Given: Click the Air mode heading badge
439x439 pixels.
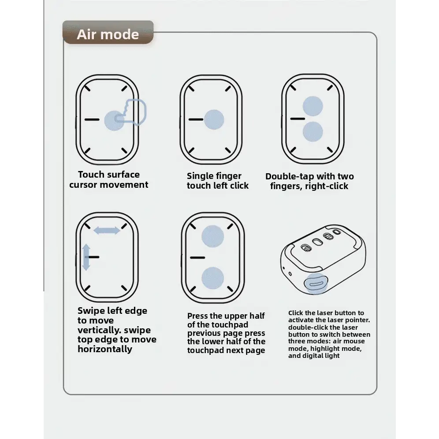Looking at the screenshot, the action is point(108,32).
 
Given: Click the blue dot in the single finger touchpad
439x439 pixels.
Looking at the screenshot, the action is point(214,119).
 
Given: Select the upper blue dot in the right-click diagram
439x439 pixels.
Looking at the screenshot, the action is point(313,106).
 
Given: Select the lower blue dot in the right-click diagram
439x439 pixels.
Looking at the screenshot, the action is point(313,132).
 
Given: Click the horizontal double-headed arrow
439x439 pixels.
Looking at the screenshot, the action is point(107,231).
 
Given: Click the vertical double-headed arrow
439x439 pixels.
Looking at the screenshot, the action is point(86,257).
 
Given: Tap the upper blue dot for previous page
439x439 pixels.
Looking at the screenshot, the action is point(213,236).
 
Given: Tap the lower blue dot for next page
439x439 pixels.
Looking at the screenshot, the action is point(213,278).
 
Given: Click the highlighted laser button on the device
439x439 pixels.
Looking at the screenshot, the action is point(316,284).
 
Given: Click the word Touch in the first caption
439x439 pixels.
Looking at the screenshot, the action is point(91,175).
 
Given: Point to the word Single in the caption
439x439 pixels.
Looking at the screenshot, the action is point(200,176).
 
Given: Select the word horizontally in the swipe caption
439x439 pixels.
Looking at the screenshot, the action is point(105,349).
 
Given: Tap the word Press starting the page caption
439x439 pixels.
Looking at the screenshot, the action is point(197,316).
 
